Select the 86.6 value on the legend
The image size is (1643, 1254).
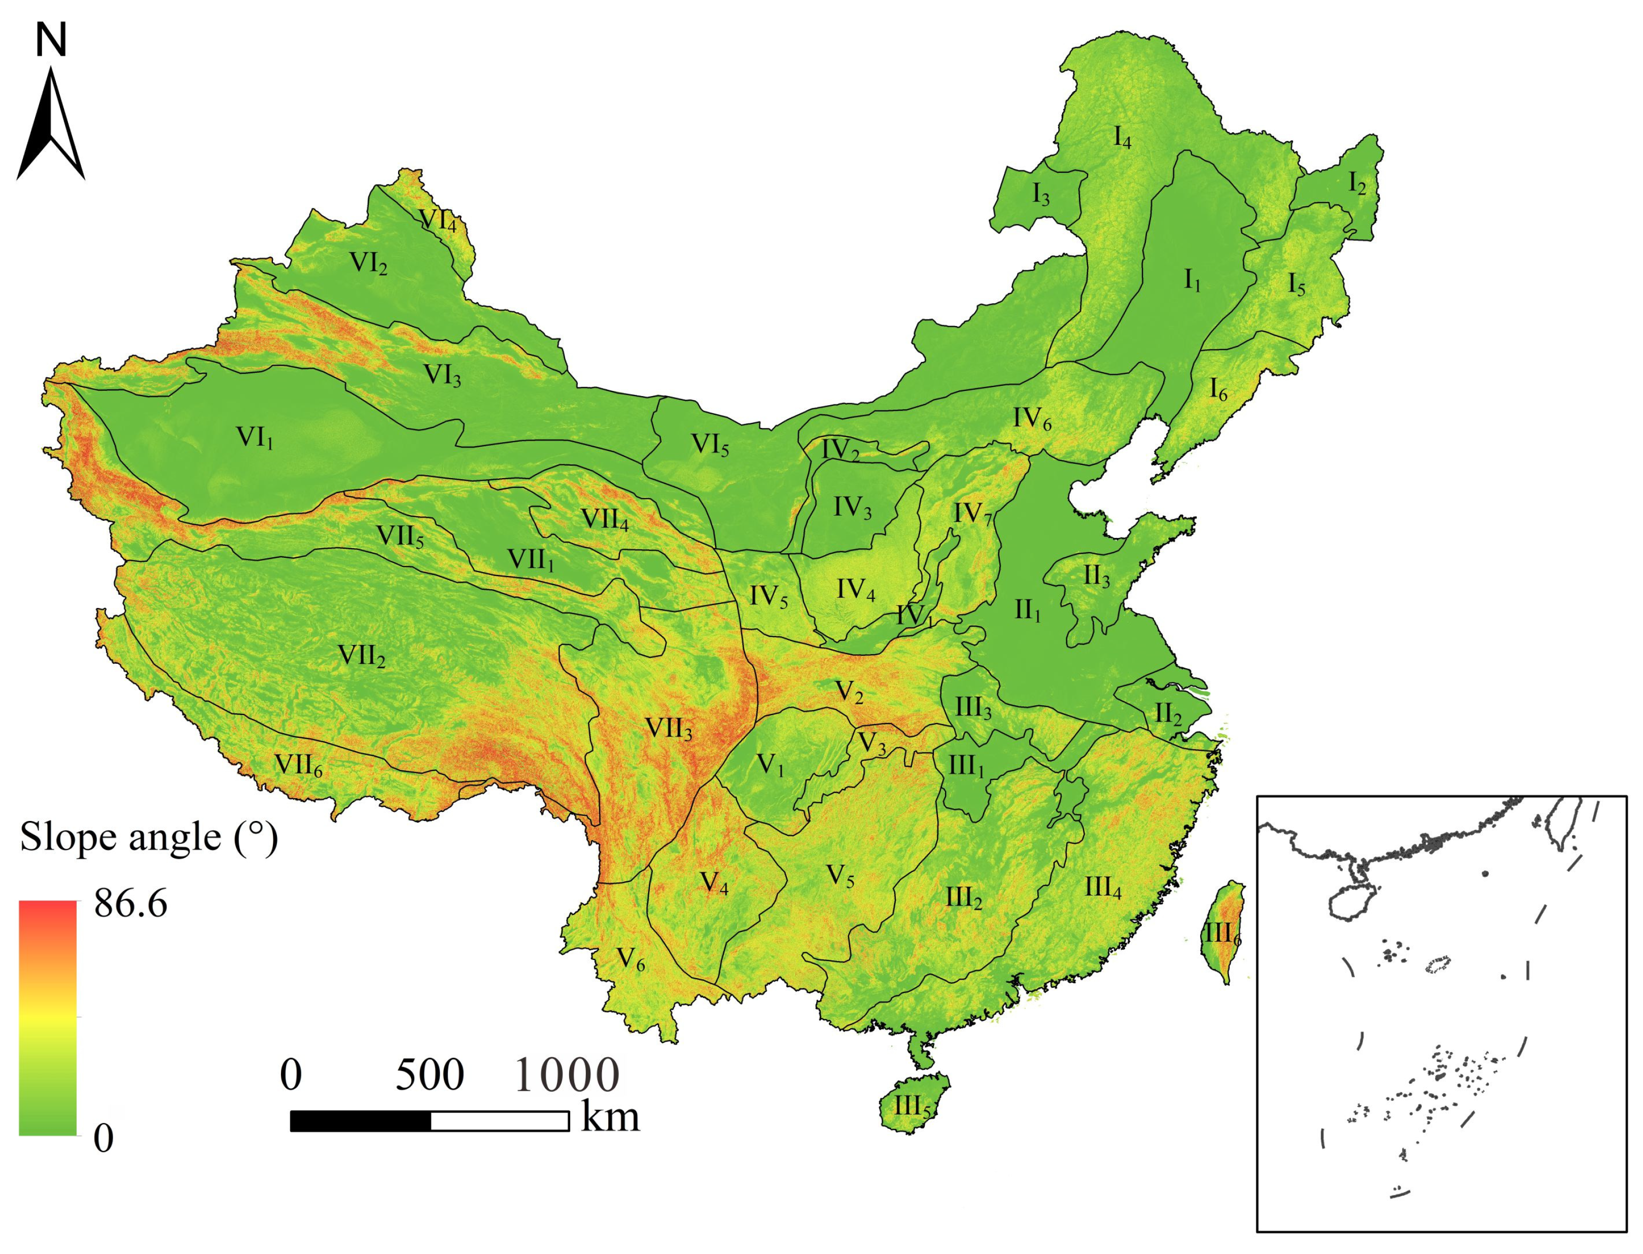click(131, 904)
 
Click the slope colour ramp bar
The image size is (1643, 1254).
click(47, 1018)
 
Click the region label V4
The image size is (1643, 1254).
click(714, 883)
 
